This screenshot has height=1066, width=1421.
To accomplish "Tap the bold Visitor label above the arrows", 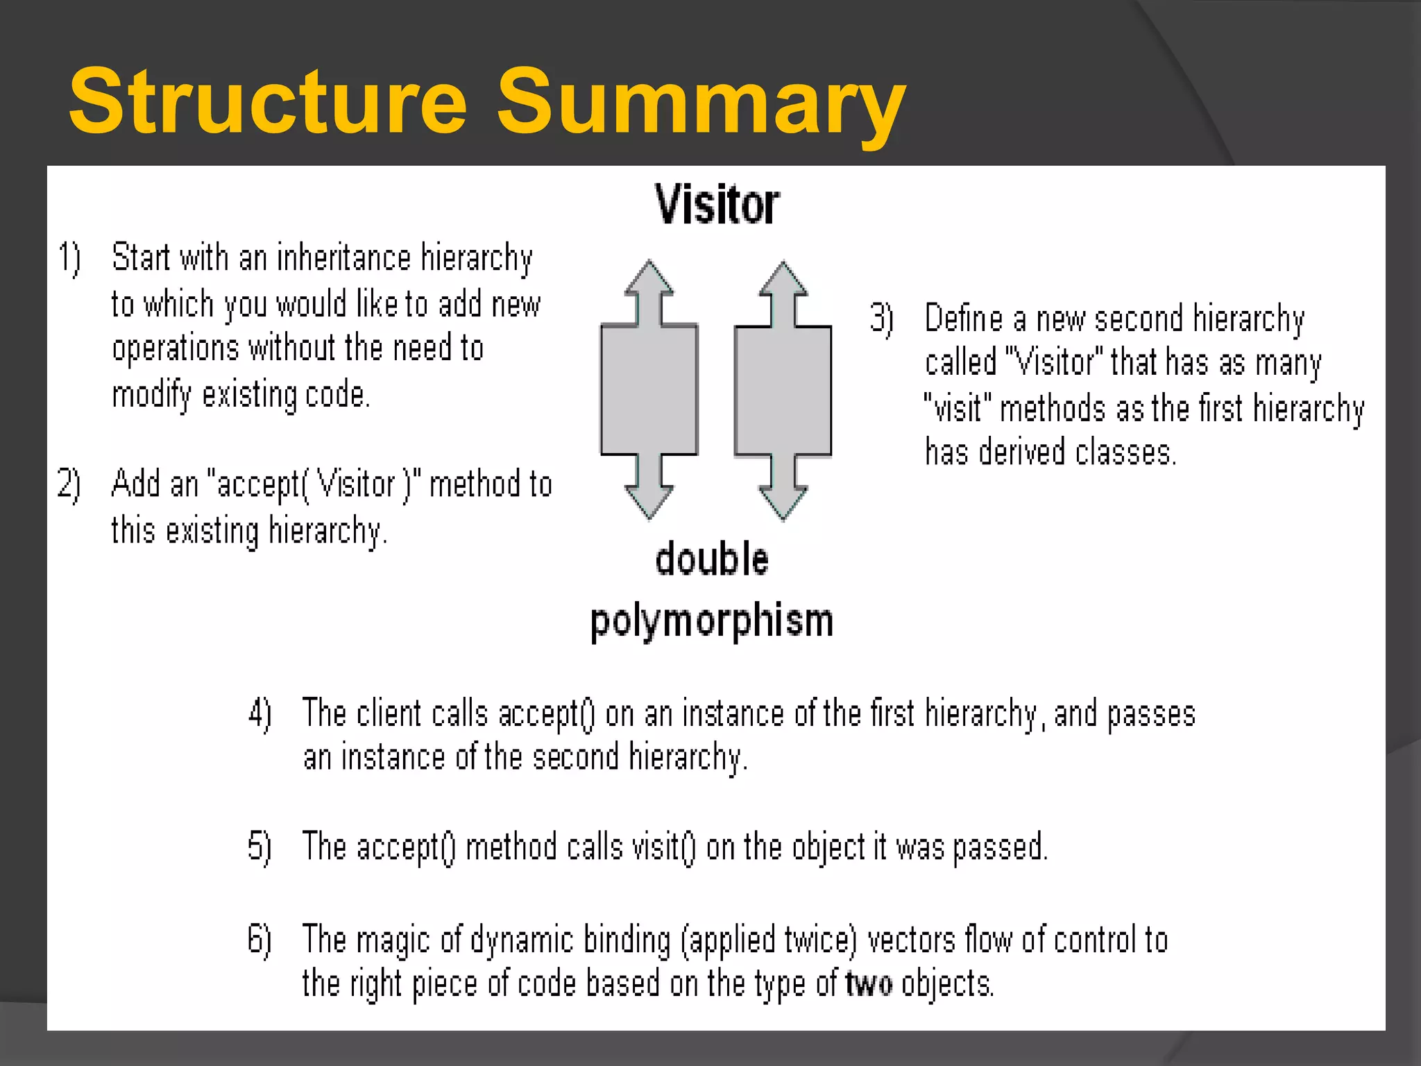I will point(717,205).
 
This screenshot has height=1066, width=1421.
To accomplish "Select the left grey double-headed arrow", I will point(649,390).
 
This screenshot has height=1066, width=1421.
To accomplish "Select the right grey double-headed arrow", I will point(783,390).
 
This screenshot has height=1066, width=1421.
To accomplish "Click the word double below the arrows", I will point(712,559).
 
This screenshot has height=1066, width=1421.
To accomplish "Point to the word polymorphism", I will point(712,620).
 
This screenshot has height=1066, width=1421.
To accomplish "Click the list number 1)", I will point(69,258).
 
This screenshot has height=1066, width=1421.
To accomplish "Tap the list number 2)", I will point(69,484).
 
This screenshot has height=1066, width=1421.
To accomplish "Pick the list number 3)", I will point(882,319).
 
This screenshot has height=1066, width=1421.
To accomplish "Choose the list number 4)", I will point(260,713).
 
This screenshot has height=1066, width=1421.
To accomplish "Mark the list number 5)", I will point(260,847).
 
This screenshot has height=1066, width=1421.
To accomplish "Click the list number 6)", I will point(260,940).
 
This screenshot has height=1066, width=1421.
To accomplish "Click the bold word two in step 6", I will point(869,984).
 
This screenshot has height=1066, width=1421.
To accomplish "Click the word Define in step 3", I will point(964,319).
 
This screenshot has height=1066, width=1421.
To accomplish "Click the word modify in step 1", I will point(151,395).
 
